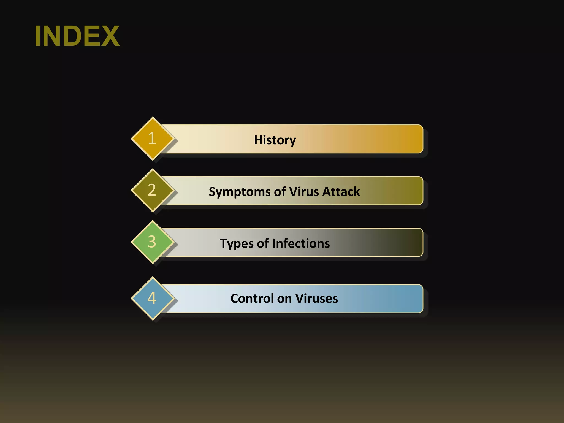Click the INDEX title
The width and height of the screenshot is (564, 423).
(x=77, y=36)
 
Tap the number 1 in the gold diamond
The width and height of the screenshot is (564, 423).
(x=152, y=138)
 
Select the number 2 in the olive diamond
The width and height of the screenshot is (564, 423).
(x=152, y=190)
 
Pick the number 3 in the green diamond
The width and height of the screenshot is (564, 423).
(x=152, y=242)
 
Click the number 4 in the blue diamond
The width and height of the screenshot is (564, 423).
(x=152, y=298)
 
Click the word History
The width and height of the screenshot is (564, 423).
(x=275, y=140)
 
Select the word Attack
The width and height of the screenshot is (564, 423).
(x=341, y=191)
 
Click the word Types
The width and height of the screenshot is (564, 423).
(x=237, y=244)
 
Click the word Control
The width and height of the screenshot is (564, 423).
(x=252, y=298)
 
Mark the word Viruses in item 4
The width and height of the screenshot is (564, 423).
(x=317, y=298)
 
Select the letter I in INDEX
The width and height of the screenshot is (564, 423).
(x=38, y=36)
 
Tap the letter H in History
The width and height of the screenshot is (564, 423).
(x=258, y=140)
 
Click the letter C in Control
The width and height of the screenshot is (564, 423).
(x=235, y=298)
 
